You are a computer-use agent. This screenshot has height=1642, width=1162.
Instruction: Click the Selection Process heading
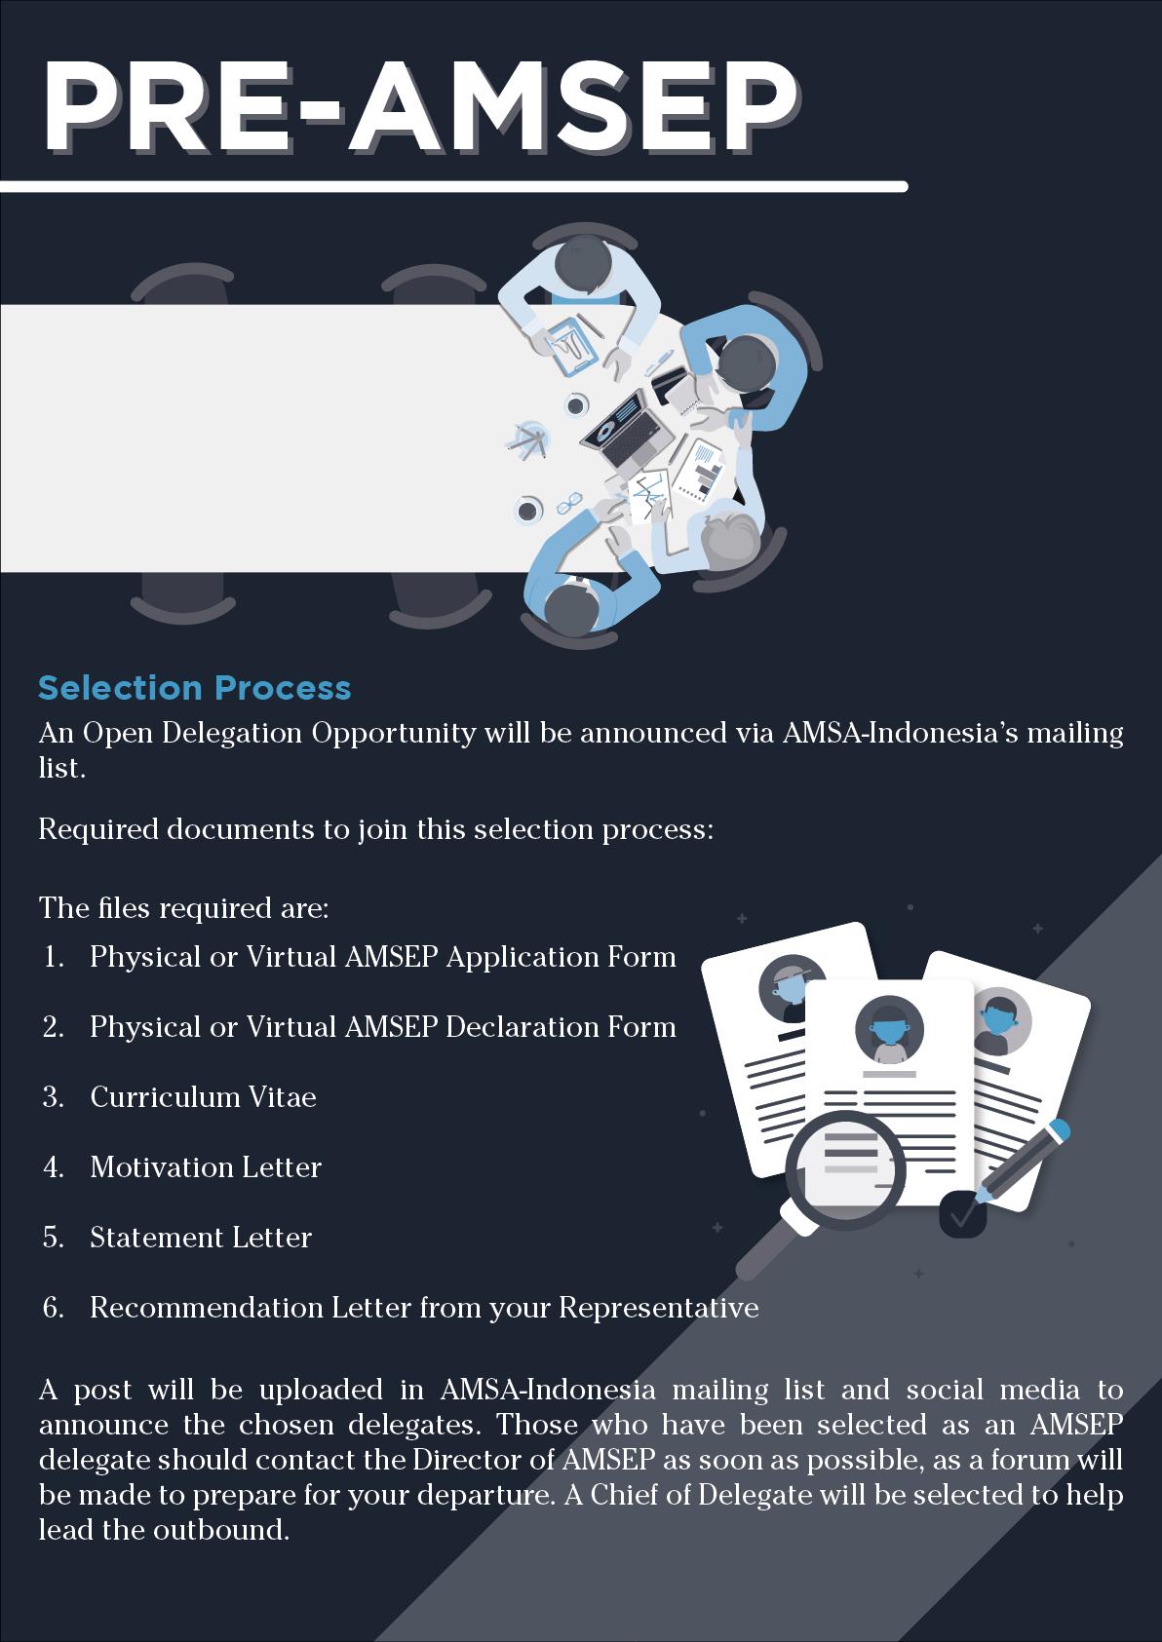(194, 688)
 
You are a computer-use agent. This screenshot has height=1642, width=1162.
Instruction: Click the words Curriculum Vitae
(203, 1097)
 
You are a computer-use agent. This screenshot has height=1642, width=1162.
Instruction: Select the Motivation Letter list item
(206, 1167)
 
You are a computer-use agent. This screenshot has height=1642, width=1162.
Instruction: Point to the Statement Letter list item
(201, 1238)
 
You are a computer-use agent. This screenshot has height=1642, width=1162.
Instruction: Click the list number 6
(53, 1308)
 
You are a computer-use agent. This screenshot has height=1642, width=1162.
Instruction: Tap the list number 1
(54, 957)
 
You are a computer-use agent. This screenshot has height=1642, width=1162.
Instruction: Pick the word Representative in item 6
(658, 1308)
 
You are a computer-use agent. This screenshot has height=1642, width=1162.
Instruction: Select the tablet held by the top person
(570, 343)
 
